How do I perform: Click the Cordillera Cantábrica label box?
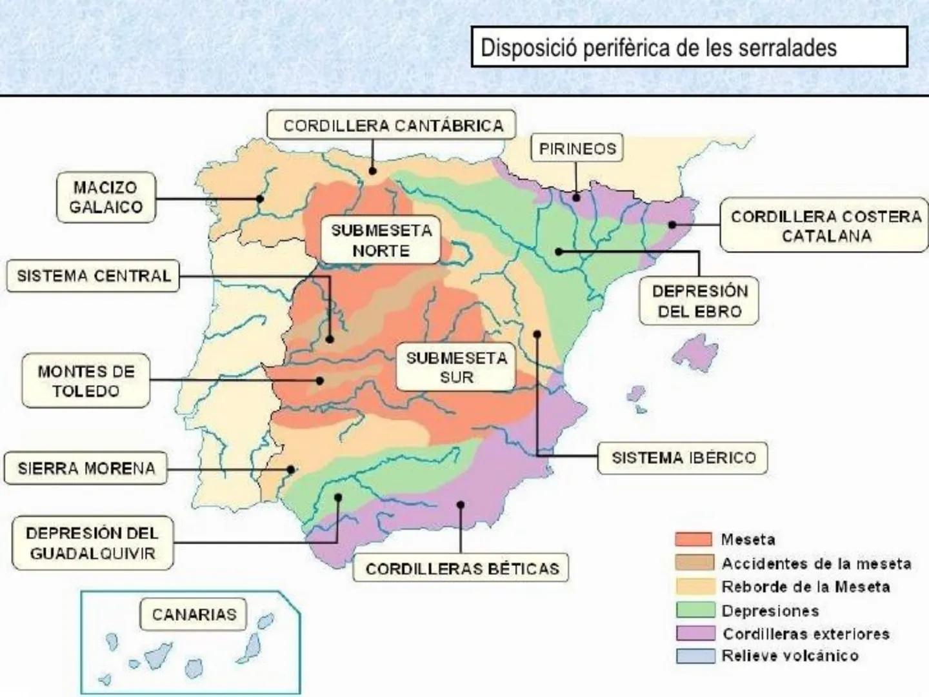[392, 125]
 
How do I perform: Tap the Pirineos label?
[577, 148]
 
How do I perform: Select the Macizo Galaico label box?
[106, 197]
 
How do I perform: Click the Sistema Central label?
[94, 276]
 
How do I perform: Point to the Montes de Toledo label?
[86, 381]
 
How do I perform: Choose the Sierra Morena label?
[86, 469]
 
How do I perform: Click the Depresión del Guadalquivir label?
[92, 543]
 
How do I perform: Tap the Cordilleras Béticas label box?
[462, 569]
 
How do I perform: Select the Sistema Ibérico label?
[683, 458]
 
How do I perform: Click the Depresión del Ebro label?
[699, 301]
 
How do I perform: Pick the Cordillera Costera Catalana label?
[825, 225]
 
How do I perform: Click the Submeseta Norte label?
[381, 240]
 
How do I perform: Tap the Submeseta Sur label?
[456, 367]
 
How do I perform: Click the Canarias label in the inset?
[194, 614]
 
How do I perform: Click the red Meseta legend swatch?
[694, 540]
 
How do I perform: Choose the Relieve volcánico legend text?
[790, 656]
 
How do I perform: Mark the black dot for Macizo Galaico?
[259, 199]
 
